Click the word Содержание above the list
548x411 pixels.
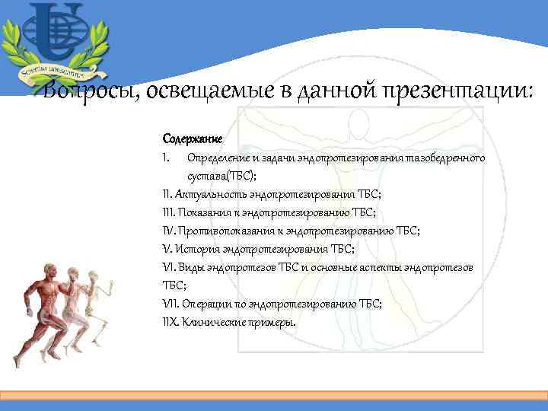pos(192,139)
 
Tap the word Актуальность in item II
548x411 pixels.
pos(212,194)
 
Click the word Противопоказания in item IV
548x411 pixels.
pos(227,231)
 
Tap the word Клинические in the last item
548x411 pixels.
pos(212,322)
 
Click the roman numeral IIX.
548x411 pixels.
pos(171,322)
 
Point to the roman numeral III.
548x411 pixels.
pos(169,212)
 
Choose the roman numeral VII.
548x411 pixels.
pos(170,304)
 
